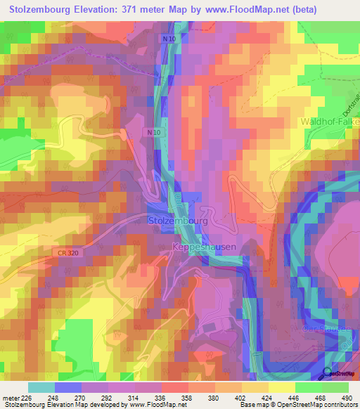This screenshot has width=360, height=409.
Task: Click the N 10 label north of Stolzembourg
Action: (x=155, y=131)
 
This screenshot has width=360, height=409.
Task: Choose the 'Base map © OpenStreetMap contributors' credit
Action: (x=298, y=405)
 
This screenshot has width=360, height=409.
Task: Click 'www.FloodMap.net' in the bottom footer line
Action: (x=154, y=405)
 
